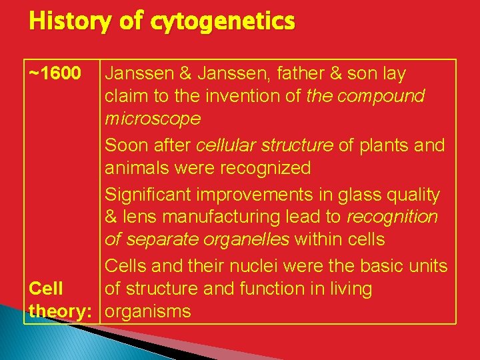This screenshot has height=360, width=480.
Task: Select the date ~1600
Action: pyautogui.click(x=57, y=73)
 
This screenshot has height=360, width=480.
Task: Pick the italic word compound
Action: pyautogui.click(x=381, y=96)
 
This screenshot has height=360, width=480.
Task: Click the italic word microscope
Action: pyautogui.click(x=153, y=119)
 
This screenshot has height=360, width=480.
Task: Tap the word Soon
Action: pyautogui.click(x=127, y=145)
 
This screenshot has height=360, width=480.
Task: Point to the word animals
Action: pyautogui.click(x=137, y=168)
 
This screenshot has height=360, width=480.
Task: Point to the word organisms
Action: pyautogui.click(x=148, y=311)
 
